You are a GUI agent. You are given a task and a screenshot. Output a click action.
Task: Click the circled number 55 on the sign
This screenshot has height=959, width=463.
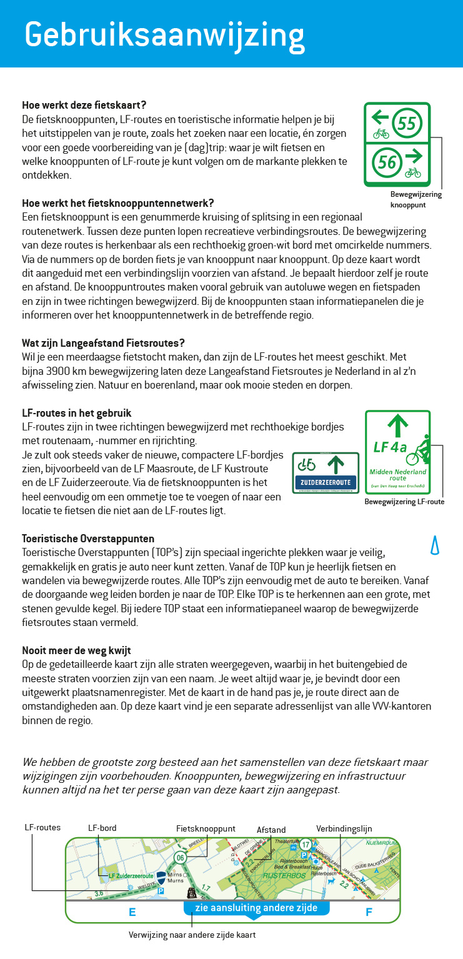(x=407, y=123)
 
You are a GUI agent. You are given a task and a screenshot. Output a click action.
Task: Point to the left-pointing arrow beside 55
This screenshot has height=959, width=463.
(x=380, y=116)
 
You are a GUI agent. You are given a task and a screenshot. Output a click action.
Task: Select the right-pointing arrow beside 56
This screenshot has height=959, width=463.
(x=413, y=156)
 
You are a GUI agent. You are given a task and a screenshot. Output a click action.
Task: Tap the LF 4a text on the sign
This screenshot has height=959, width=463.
(x=390, y=447)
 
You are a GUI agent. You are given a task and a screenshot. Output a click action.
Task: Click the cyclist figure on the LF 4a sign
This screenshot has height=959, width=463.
(x=417, y=451)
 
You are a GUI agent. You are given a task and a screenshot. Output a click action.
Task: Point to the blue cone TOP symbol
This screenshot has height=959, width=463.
(x=436, y=545)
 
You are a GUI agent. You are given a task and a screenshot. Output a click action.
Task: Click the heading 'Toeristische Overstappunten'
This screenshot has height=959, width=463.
(x=88, y=539)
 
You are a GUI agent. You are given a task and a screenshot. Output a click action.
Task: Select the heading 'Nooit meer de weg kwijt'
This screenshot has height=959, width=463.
(x=76, y=650)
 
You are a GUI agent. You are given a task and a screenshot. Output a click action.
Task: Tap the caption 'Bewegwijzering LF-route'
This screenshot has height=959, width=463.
(x=404, y=501)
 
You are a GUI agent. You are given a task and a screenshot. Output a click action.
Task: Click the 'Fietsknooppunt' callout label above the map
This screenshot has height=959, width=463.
(x=206, y=828)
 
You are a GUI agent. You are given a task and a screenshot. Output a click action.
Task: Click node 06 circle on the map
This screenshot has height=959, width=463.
(x=180, y=858)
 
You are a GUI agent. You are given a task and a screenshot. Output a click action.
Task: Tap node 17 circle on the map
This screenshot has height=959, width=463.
(x=305, y=844)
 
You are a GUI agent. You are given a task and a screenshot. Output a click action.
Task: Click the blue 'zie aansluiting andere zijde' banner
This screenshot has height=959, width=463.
(x=256, y=908)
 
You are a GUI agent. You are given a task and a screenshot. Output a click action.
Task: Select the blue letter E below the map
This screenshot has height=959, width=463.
(x=132, y=912)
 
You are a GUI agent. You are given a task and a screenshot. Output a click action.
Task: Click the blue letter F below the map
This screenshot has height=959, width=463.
(x=369, y=912)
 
